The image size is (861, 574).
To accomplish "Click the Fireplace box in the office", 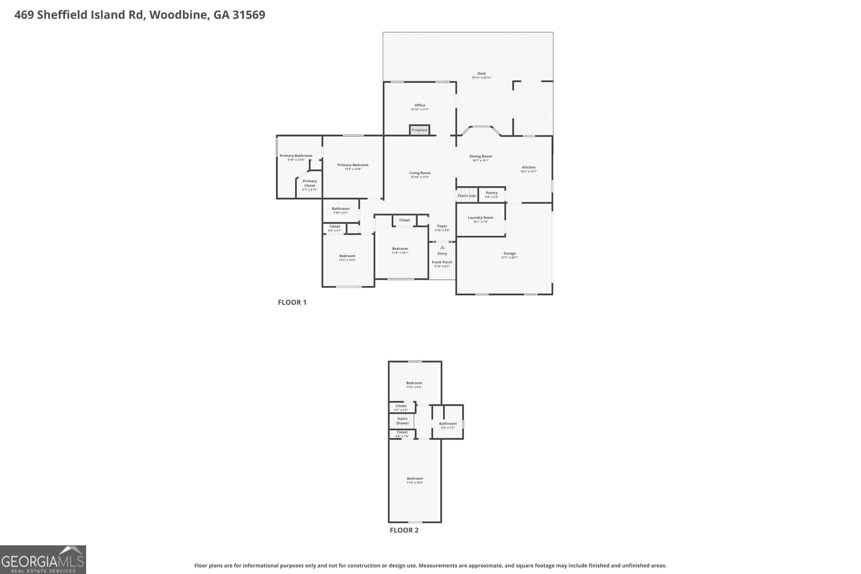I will coord(419,130).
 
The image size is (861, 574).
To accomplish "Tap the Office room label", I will coord(420,105).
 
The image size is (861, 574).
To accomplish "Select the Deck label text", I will coord(482,74).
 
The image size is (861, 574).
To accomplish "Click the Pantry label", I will coord(491,193).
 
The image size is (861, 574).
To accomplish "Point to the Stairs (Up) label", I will coord(467,196).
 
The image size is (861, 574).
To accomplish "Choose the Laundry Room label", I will coord(481,218).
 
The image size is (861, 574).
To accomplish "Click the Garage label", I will coord(510,253).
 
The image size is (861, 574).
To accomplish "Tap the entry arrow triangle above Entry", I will coord(442,247).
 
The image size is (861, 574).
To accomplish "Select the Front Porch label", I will coord(442,263).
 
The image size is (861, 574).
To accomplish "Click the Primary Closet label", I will coord(309,183).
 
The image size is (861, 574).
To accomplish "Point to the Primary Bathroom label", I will coord(296,155).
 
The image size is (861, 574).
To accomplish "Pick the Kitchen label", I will coord(528,167).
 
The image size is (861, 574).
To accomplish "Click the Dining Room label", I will coord(481,157).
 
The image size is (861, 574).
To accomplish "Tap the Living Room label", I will coord(420,173).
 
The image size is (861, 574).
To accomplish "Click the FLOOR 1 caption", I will coord(292,302).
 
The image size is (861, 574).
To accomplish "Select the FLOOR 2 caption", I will coord(404,530).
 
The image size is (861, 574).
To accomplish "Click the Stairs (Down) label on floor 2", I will coord(402,421).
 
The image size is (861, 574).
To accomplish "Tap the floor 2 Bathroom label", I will coord(448,424).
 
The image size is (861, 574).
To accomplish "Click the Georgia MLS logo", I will coord(43,560).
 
